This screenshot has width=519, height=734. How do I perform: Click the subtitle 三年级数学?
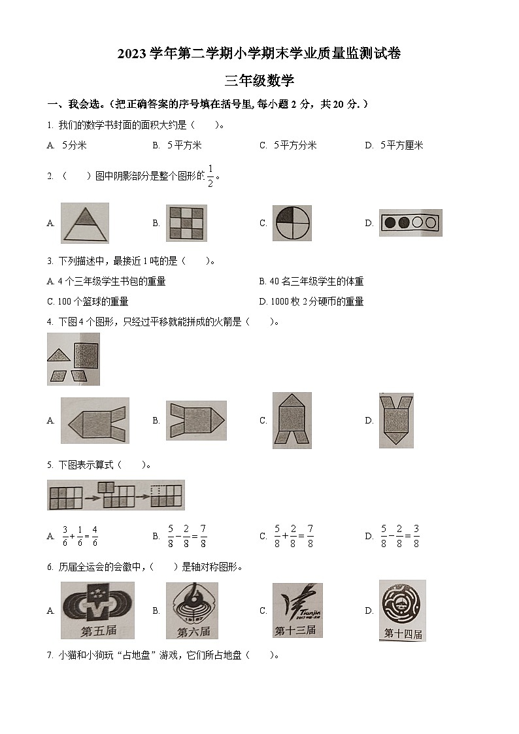(x=259, y=81)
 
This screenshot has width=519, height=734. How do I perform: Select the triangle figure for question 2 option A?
(x=85, y=223)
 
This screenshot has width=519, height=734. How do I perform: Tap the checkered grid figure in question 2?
(x=186, y=223)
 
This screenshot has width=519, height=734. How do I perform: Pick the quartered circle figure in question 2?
(x=292, y=223)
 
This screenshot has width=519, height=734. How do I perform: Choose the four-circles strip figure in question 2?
(x=410, y=223)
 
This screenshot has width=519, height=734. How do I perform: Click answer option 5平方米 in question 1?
(x=184, y=145)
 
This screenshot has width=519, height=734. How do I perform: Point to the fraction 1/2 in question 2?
(x=210, y=175)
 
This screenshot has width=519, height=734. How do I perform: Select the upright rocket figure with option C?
(x=292, y=420)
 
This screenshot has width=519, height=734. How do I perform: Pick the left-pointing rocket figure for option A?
(x=95, y=420)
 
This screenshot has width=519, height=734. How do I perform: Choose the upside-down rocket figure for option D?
(x=396, y=420)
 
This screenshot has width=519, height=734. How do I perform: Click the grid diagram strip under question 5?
(x=116, y=495)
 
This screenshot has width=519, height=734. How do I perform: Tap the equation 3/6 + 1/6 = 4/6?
(x=80, y=536)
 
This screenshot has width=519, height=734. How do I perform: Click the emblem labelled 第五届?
(x=97, y=610)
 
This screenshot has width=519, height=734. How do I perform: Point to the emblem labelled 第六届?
(x=192, y=610)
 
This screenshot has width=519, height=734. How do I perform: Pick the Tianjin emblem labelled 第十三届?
(x=297, y=610)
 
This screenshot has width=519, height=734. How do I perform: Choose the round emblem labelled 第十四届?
(x=402, y=610)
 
